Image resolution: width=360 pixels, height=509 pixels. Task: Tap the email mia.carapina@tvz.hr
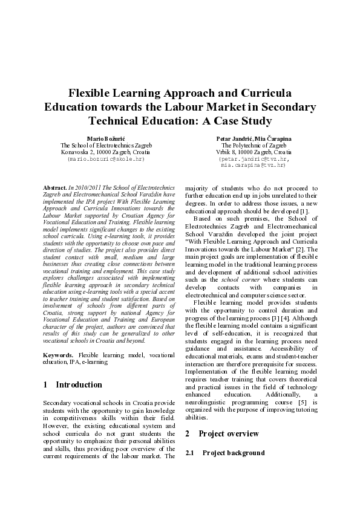pyautogui.click(x=253, y=164)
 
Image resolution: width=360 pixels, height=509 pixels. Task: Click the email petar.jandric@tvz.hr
pyautogui.click(x=254, y=158)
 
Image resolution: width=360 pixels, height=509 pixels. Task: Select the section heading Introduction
pyautogui.click(x=79, y=384)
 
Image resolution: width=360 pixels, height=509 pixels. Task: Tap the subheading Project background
pyautogui.click(x=234, y=453)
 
